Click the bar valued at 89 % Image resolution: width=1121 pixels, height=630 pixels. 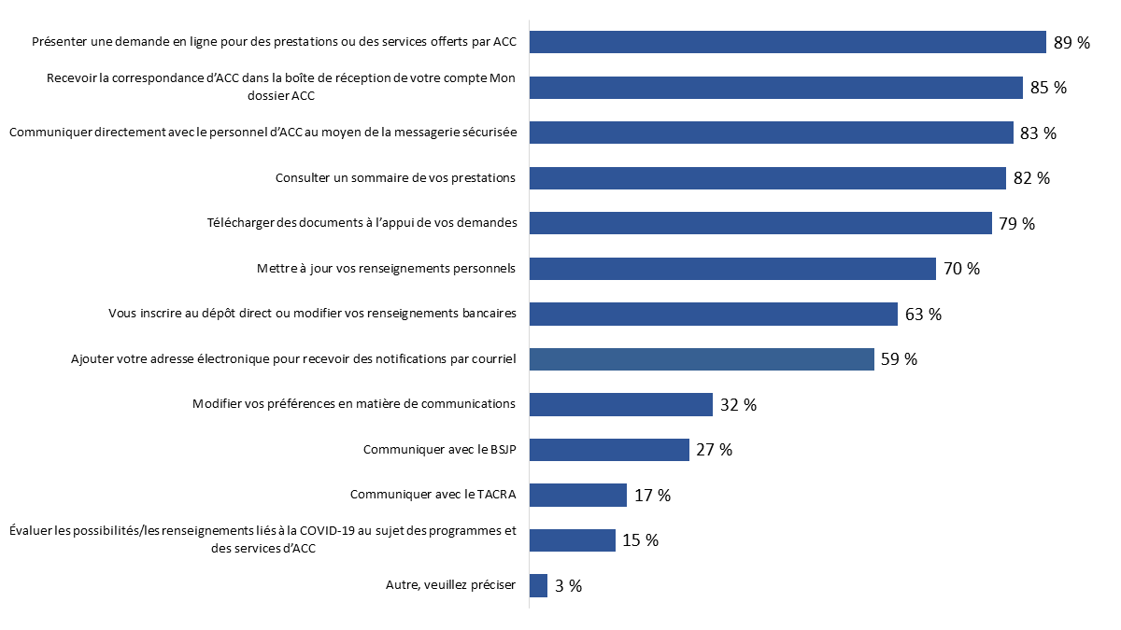click(787, 42)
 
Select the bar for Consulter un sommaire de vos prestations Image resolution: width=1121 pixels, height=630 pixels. click(767, 178)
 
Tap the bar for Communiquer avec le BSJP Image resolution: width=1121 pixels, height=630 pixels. click(609, 450)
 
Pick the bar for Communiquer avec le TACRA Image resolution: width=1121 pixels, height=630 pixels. click(577, 495)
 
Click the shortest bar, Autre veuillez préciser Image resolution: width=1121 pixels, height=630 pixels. click(538, 585)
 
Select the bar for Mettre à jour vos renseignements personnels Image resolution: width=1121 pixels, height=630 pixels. click(732, 269)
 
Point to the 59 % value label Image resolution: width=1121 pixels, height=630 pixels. click(899, 359)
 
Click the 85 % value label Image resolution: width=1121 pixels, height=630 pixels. click(1048, 88)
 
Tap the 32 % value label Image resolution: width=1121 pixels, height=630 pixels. click(738, 405)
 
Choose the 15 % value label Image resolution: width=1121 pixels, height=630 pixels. click(640, 540)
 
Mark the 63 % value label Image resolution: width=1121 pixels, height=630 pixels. click(923, 315)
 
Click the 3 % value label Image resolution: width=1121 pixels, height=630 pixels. click(568, 586)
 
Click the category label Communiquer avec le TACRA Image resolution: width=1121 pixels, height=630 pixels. click(433, 495)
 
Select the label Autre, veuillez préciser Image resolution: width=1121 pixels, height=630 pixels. click(450, 585)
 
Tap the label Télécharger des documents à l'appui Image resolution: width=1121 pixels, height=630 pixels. click(362, 223)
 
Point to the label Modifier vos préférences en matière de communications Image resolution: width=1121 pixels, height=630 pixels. click(354, 404)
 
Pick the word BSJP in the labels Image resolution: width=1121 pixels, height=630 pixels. click(500, 450)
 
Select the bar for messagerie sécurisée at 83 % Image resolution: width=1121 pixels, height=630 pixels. click(771, 133)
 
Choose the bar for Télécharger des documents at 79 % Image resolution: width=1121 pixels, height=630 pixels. click(760, 223)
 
